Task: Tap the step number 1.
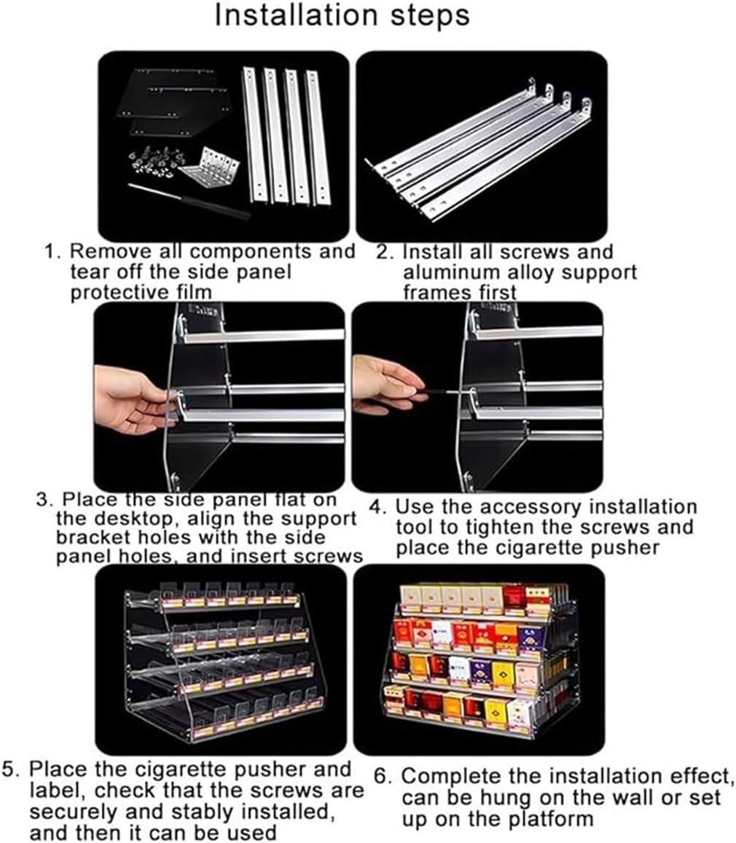(x=51, y=252)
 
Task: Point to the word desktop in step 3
(x=119, y=520)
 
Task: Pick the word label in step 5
(x=59, y=791)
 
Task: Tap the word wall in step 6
(x=619, y=797)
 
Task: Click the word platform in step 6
(x=546, y=818)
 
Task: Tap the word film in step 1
(x=198, y=293)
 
